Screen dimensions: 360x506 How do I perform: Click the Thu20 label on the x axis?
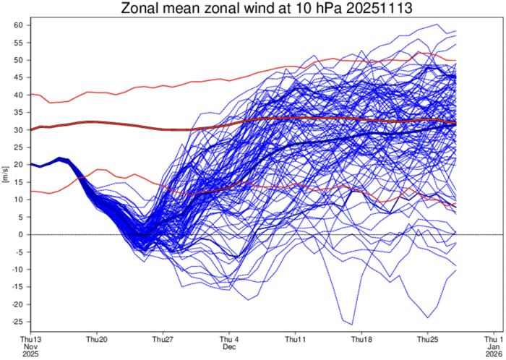tap(97, 339)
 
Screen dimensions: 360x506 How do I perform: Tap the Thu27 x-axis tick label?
tap(163, 339)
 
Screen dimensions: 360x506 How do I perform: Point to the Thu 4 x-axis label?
tap(230, 339)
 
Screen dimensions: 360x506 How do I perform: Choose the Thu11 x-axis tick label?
tap(296, 339)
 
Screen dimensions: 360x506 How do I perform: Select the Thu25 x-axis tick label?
tap(428, 339)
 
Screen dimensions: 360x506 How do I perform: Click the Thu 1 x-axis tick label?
tap(494, 339)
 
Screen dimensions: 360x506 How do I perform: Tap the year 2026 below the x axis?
tap(494, 355)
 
